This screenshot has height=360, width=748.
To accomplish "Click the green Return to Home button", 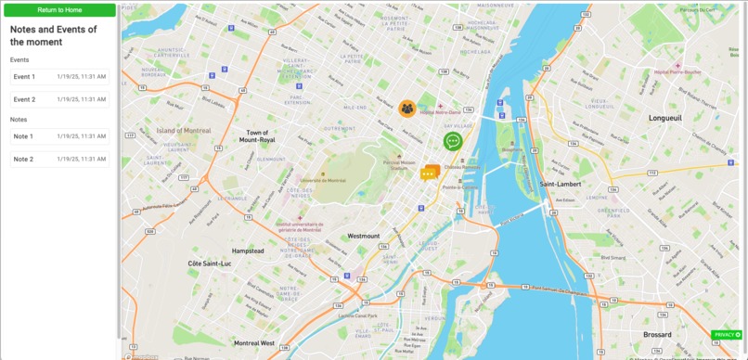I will pyautogui.click(x=59, y=10).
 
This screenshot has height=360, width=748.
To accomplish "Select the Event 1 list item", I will pyautogui.click(x=59, y=77).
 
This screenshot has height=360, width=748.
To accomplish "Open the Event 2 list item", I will pyautogui.click(x=59, y=99).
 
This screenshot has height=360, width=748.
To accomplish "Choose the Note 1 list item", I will pyautogui.click(x=59, y=136).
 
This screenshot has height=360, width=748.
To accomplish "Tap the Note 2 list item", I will pyautogui.click(x=59, y=160).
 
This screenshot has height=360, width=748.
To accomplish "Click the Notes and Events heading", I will pyautogui.click(x=54, y=35).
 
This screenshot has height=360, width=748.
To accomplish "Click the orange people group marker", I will pyautogui.click(x=406, y=109).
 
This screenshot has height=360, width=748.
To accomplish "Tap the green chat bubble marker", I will pyautogui.click(x=452, y=141).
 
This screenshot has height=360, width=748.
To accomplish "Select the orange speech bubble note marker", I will pyautogui.click(x=428, y=173).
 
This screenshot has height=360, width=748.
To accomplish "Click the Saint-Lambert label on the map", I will pyautogui.click(x=561, y=184).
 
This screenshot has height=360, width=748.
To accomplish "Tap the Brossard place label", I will pyautogui.click(x=657, y=334).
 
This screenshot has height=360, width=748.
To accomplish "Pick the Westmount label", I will pyautogui.click(x=364, y=237).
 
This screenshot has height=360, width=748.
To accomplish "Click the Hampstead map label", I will pyautogui.click(x=248, y=251).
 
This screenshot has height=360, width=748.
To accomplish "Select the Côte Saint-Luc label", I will pyautogui.click(x=209, y=264).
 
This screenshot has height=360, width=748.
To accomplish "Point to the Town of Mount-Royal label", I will pyautogui.click(x=257, y=136).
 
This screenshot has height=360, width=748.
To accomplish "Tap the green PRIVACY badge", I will pyautogui.click(x=727, y=334).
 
